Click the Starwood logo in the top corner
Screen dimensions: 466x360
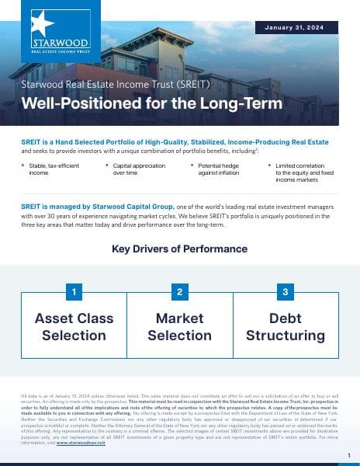click(61, 35)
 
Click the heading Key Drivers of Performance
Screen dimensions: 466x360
click(180, 249)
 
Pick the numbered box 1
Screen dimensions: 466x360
click(74, 292)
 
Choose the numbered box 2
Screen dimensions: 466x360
click(179, 292)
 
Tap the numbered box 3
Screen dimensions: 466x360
click(286, 292)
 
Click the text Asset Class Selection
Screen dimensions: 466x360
click(74, 327)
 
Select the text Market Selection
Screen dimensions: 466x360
click(179, 327)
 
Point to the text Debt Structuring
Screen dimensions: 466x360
click(286, 327)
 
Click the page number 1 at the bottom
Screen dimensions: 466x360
click(348, 455)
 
